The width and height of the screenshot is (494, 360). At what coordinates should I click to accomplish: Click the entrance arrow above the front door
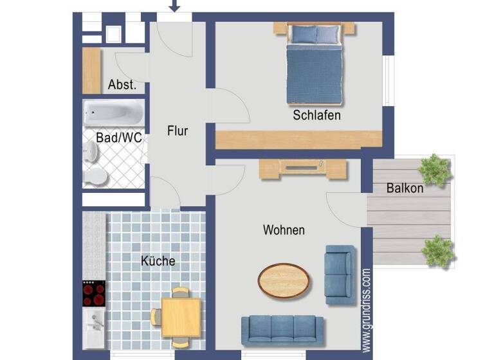[x=174, y=6]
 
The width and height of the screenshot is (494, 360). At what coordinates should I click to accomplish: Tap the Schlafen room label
[x=316, y=116]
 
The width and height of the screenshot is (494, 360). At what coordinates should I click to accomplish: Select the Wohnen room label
[x=284, y=230]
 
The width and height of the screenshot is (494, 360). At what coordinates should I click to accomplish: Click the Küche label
[x=158, y=261]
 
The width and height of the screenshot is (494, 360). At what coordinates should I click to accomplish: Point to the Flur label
[x=178, y=130]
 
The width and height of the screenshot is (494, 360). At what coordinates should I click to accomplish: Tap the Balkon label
[x=405, y=188]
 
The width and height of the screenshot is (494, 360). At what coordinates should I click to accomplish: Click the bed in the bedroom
[x=313, y=64]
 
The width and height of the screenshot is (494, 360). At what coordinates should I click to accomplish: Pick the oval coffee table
[x=284, y=280]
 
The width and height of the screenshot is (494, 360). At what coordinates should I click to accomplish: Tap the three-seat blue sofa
[x=283, y=329]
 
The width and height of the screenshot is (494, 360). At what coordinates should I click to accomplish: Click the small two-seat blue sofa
[x=338, y=274]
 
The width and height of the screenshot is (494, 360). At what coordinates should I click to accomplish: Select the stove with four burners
[x=94, y=294]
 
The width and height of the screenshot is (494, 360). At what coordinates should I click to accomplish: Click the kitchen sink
[x=94, y=325]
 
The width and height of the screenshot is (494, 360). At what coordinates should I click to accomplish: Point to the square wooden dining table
[x=181, y=316]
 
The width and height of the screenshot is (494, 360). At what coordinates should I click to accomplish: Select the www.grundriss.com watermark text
[x=366, y=310]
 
